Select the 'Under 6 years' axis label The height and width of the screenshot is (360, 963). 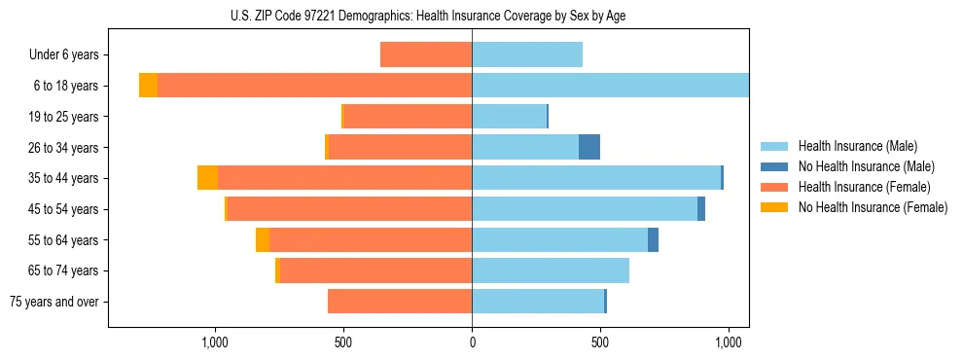(x=63, y=55)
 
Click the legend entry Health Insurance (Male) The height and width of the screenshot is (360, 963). (x=857, y=146)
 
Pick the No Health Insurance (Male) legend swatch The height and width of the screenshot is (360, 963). (x=775, y=166)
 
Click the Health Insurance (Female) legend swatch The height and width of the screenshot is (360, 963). (x=775, y=187)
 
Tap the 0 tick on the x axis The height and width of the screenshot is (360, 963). (x=472, y=342)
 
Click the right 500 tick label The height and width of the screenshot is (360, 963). (x=600, y=342)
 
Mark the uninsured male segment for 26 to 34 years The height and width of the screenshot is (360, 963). (x=589, y=147)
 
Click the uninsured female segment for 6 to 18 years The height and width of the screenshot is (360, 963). (x=148, y=86)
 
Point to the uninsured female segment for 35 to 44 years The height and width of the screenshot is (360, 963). (x=207, y=178)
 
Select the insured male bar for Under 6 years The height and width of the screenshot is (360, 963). (x=527, y=54)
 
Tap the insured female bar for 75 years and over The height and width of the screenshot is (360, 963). (x=400, y=302)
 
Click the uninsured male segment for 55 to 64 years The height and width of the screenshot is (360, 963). (x=654, y=239)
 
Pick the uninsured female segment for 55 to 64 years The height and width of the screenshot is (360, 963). (x=263, y=239)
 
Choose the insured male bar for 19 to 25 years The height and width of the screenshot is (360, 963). (x=509, y=117)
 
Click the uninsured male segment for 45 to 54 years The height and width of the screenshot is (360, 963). (x=701, y=209)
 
